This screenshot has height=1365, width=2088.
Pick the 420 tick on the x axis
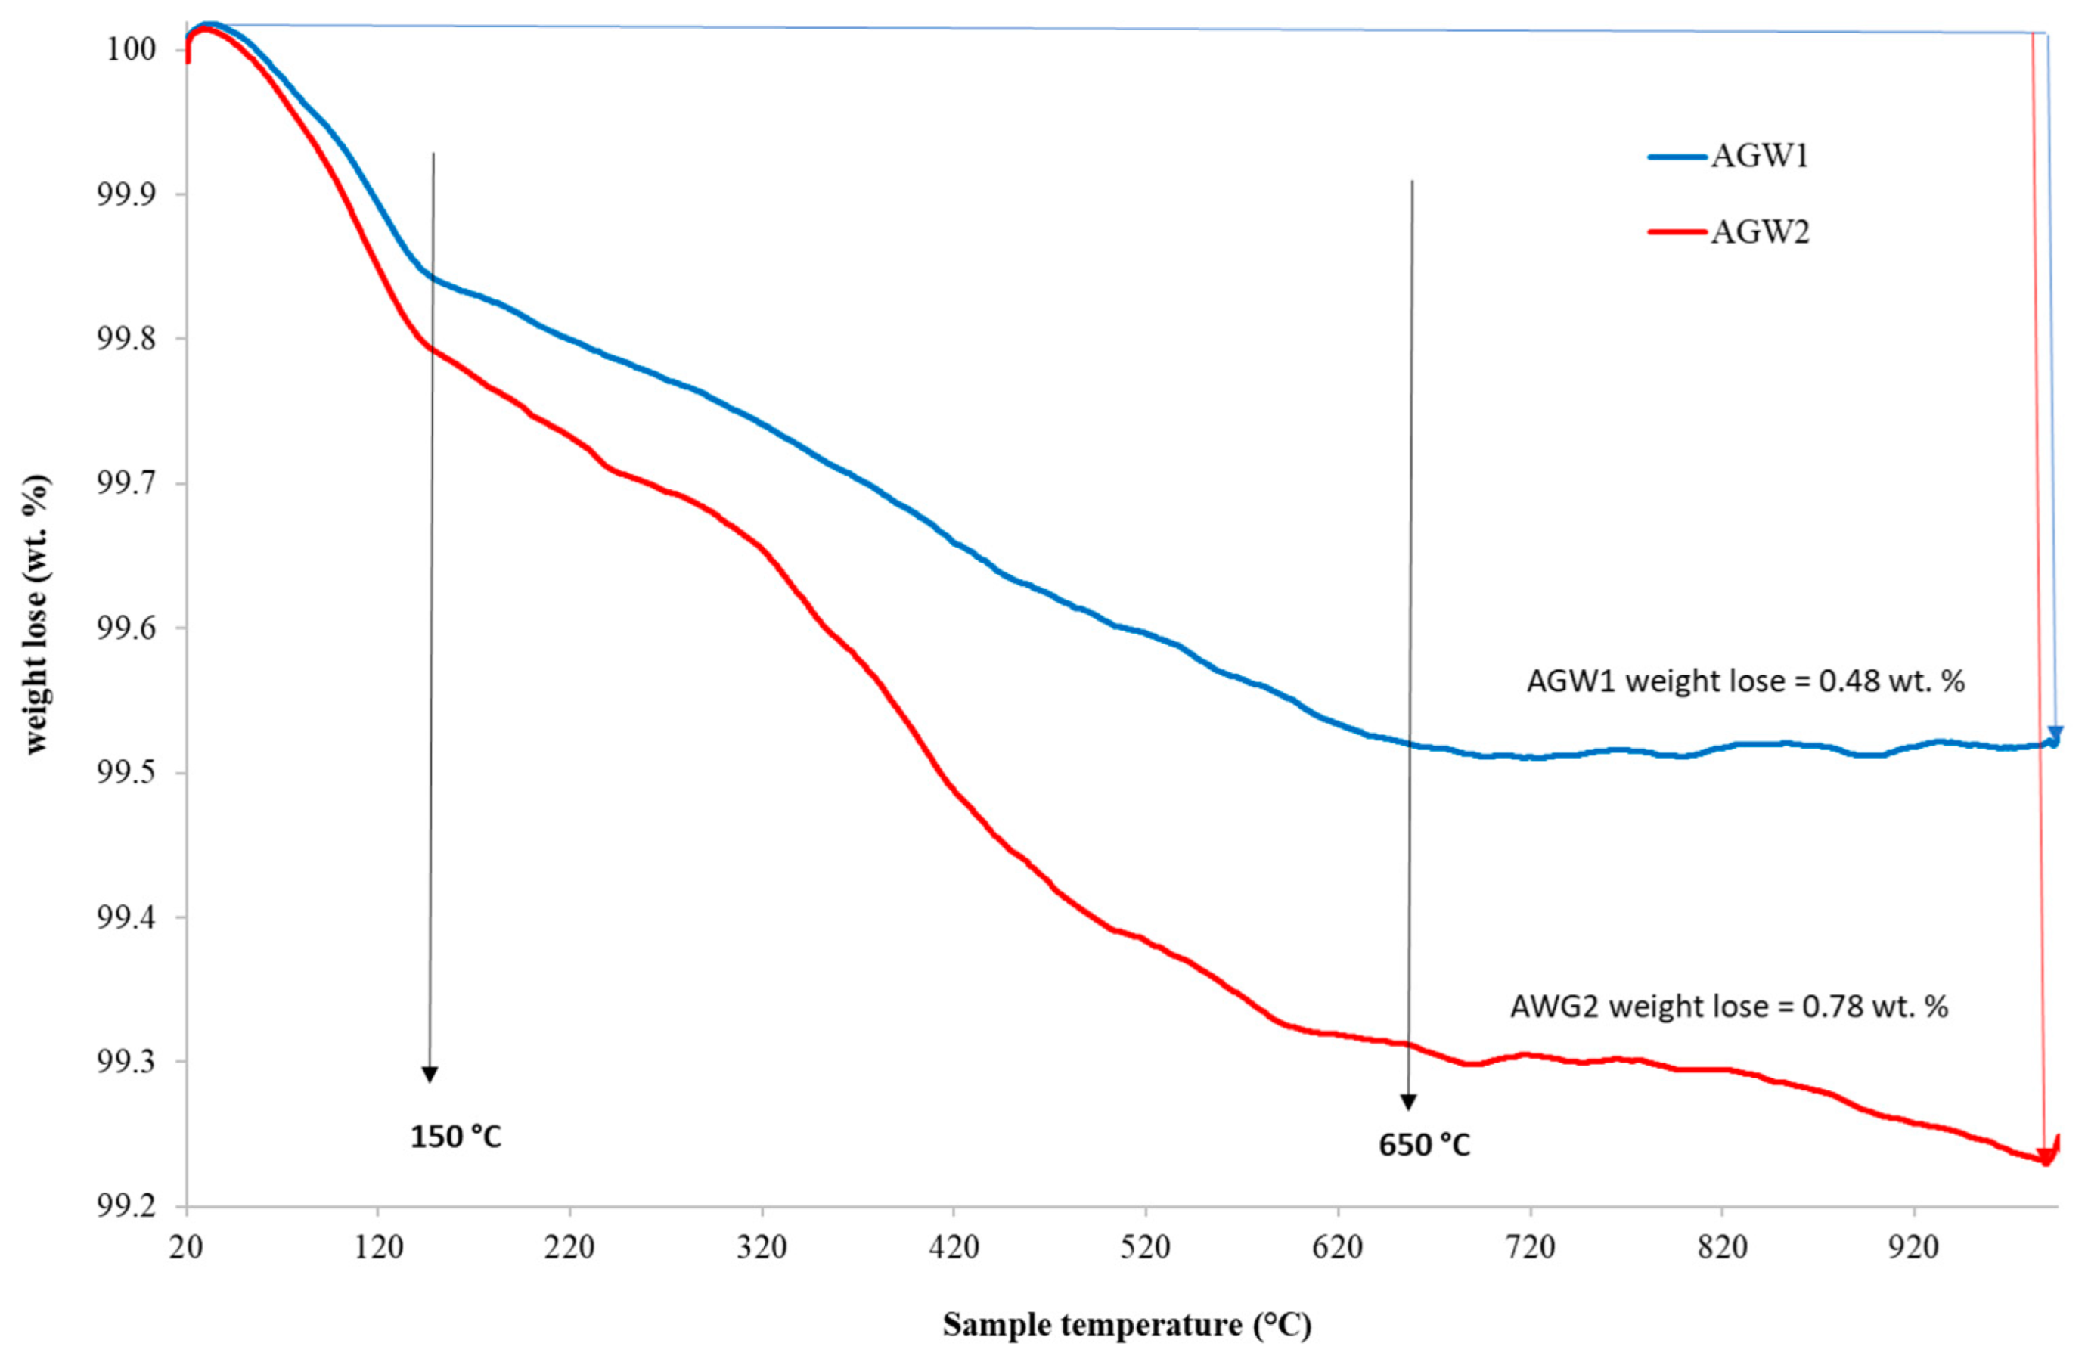tap(954, 1246)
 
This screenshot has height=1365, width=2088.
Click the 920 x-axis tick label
tap(1913, 1246)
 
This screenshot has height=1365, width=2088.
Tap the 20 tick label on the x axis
tap(186, 1246)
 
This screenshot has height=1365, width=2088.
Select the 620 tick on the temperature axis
tap(1338, 1246)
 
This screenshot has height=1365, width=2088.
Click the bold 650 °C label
tap(1424, 1146)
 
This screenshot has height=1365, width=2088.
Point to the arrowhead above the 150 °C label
tap(429, 1075)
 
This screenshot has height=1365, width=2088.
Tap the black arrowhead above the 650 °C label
tap(1408, 1103)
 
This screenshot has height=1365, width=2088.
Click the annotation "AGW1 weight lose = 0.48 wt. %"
tap(1745, 681)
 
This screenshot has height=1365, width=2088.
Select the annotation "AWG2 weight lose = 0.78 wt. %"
tap(1728, 1007)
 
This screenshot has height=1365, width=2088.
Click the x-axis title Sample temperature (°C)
tap(1127, 1323)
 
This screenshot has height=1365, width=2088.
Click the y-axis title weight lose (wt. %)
tap(37, 614)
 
